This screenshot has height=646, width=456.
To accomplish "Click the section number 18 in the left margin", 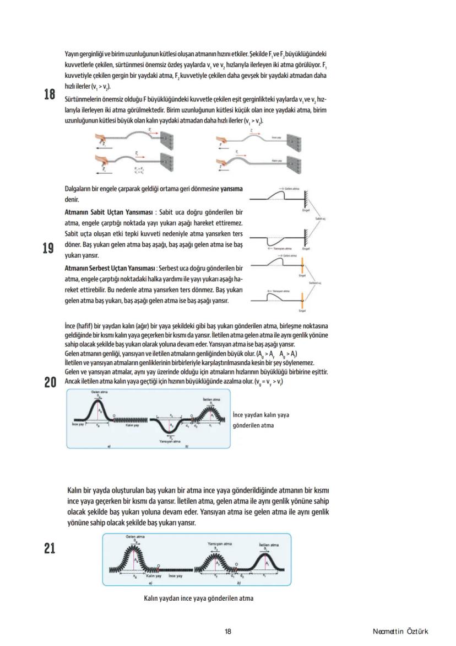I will point(50,94).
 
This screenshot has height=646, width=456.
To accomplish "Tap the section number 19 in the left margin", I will point(50,248).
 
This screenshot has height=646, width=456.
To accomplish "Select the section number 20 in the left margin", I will point(50,382).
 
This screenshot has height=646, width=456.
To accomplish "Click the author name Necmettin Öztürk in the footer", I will point(400,632).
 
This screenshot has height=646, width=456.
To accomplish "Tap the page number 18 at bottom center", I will point(228,632).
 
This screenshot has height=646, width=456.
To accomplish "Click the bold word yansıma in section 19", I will point(231,189).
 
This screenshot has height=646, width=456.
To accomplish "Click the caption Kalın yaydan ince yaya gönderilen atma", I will point(199,598).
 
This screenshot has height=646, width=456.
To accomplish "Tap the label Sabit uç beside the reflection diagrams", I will point(320,219).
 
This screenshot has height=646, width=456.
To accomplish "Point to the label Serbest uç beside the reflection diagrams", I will point(315,283).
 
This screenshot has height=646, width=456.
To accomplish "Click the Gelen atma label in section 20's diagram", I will point(99,392).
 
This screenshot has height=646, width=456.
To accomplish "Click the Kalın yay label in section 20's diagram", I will point(132,425).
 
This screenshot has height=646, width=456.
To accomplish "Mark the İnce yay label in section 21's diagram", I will point(176,575).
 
